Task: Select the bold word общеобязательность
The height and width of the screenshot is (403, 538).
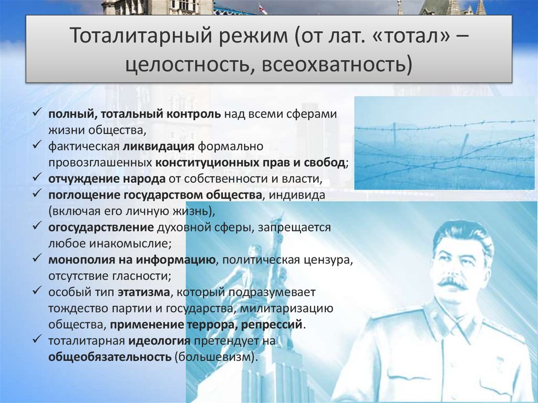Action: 110,357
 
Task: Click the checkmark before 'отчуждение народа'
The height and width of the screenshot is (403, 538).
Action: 37,179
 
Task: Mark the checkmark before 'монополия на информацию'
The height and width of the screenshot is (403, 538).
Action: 37,260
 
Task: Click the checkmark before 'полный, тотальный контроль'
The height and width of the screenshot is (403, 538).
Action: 37,113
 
